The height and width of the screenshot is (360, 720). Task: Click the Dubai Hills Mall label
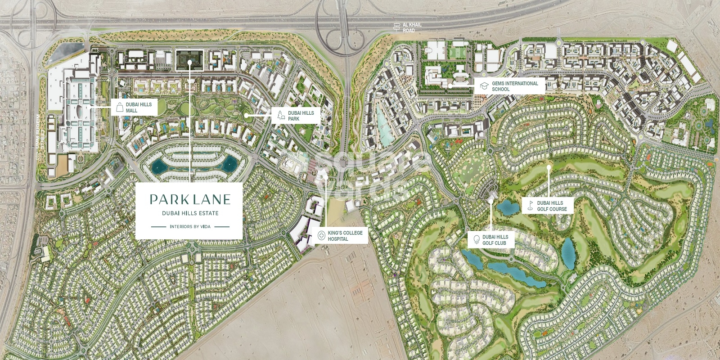(x=139, y=107)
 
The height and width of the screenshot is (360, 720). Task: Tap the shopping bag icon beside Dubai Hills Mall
(x=120, y=107)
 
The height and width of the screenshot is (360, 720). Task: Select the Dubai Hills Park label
(x=301, y=116)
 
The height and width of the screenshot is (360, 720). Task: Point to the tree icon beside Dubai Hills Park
(x=281, y=116)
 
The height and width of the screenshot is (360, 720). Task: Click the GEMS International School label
(x=514, y=86)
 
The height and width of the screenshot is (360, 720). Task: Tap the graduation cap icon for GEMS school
(x=484, y=86)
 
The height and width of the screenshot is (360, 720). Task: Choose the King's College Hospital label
(x=345, y=235)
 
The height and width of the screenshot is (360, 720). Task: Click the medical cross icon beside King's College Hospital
(x=321, y=235)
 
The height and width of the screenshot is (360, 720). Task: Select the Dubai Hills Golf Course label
(x=552, y=206)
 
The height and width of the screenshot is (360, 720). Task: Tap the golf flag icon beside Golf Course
(x=530, y=206)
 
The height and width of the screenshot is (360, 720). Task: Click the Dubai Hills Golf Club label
(x=495, y=240)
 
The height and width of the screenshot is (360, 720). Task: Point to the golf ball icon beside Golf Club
(x=476, y=240)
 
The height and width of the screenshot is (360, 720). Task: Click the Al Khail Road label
(x=412, y=27)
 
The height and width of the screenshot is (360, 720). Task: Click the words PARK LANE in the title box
(x=190, y=199)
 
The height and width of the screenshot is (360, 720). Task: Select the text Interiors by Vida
(x=190, y=227)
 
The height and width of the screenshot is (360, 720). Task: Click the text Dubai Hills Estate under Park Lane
(x=190, y=213)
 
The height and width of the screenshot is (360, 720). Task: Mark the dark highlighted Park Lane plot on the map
(x=189, y=60)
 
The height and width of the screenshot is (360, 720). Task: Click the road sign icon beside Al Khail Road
(x=396, y=27)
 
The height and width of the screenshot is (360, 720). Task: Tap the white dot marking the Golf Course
(x=549, y=167)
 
